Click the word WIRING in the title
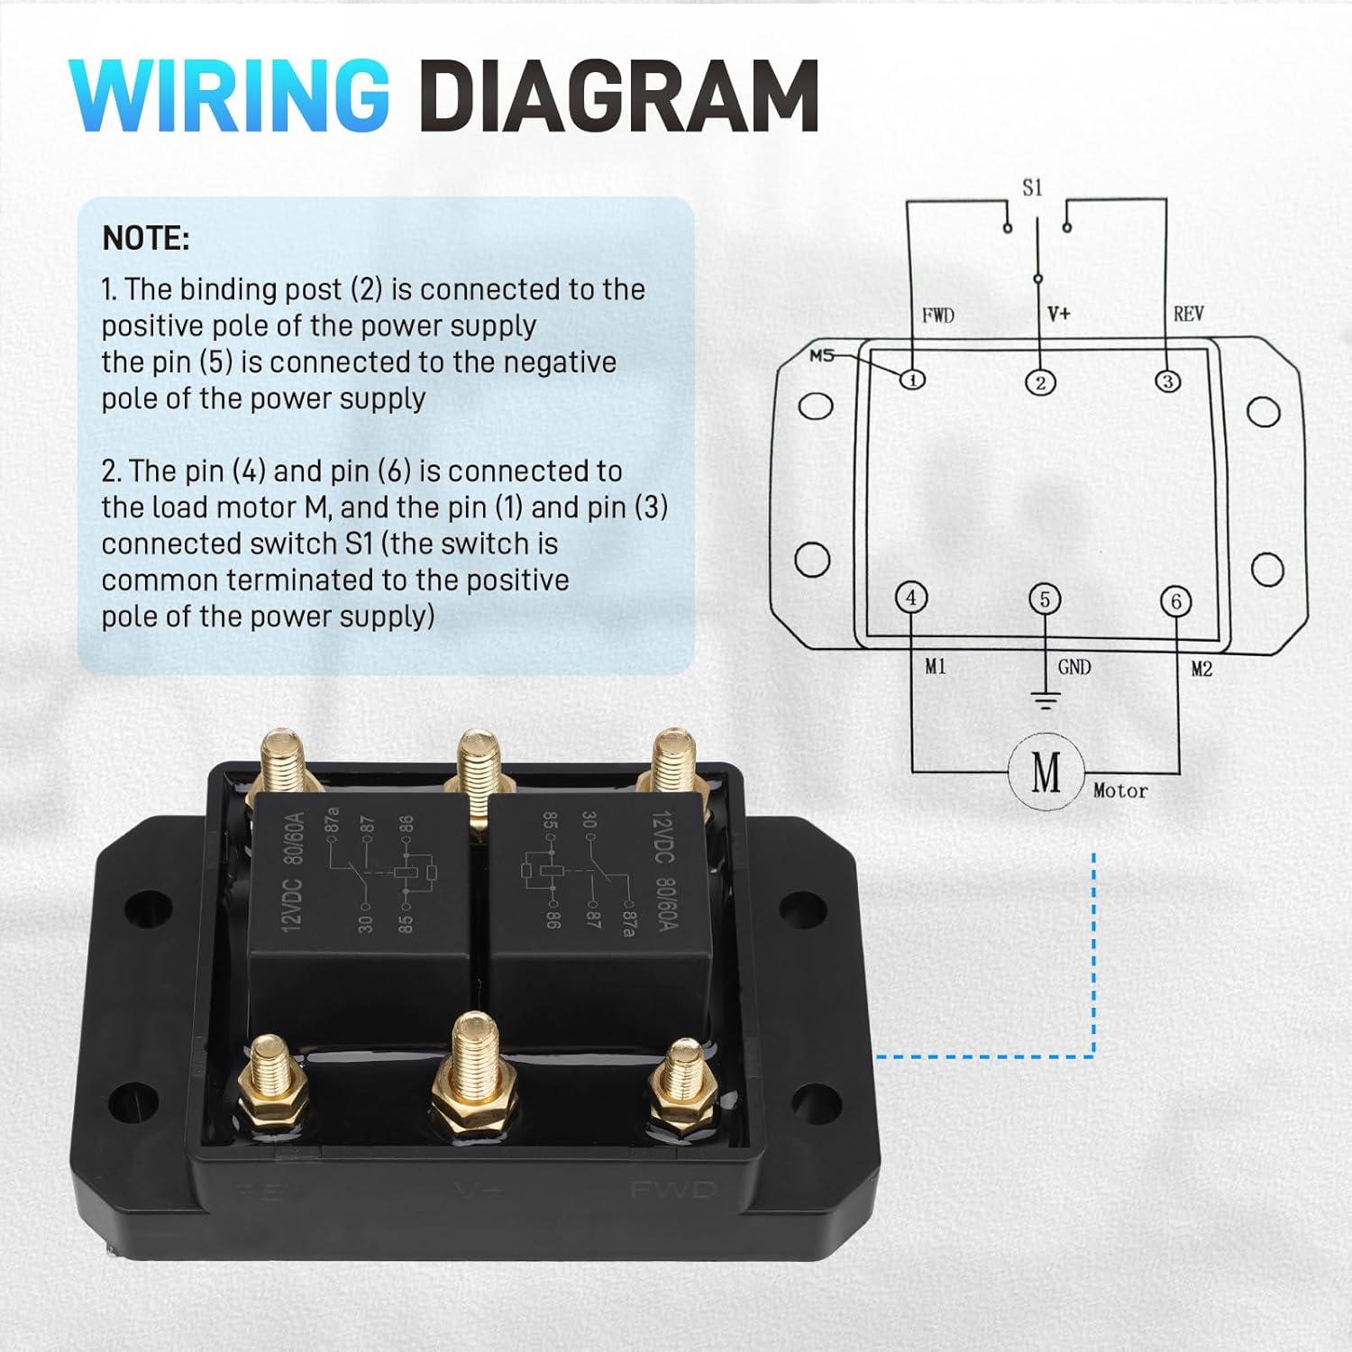pos(230,96)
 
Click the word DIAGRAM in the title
pos(618,96)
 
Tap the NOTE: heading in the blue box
pos(146,239)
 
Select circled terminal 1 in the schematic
pos(913,379)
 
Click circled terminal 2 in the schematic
pos(1040,382)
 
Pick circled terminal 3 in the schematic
pos(1167,381)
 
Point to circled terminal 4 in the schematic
pos(911,598)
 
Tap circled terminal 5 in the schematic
pos(1045,599)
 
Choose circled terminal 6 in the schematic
pos(1175,601)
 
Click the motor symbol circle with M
pos(1046,772)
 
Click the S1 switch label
pos(1032,188)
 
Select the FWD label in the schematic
pos(937,315)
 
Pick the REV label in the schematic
pos(1188,315)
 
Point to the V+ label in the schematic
pos(1059,315)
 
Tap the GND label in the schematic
pos(1073,667)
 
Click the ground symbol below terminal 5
pos(1045,700)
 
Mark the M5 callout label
pos(821,355)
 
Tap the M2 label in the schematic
pos(1201,669)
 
